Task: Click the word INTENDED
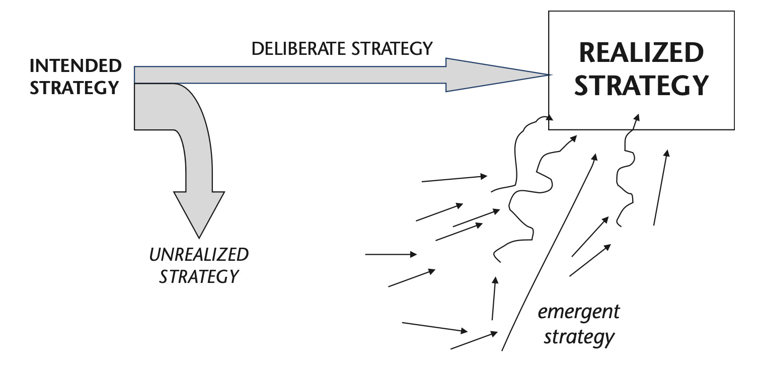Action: click(x=75, y=66)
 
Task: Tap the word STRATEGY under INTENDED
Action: click(x=74, y=87)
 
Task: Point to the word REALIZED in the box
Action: click(x=641, y=53)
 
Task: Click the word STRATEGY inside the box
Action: click(x=641, y=86)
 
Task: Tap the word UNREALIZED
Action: click(x=199, y=255)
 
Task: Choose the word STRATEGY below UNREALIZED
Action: click(x=198, y=276)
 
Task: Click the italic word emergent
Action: click(x=578, y=312)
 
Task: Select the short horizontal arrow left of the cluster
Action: click(x=390, y=255)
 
